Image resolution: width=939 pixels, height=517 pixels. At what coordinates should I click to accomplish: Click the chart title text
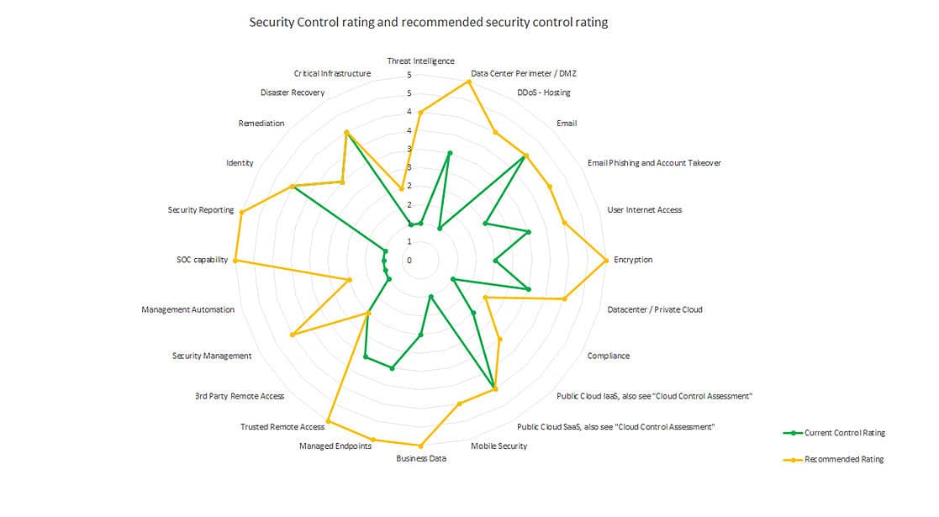(428, 23)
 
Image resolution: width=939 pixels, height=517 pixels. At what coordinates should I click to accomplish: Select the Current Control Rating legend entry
(844, 433)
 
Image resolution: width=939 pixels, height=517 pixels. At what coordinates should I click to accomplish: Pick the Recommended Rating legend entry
(844, 459)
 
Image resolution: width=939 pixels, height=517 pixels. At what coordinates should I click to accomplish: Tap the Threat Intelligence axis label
(420, 61)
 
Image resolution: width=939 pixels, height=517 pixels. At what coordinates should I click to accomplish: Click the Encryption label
(633, 260)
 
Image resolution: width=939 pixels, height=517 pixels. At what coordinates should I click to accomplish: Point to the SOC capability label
(197, 260)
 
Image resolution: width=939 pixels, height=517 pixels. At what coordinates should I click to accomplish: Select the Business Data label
(421, 459)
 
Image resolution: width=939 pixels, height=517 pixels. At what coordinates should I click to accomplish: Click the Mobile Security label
(499, 446)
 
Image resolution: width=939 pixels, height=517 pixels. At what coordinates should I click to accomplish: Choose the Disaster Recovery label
(292, 92)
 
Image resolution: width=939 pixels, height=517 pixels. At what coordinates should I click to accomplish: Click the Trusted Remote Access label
(282, 427)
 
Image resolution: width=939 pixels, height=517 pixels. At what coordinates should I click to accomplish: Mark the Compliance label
(608, 356)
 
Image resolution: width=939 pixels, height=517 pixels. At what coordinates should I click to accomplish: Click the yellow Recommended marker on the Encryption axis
(605, 261)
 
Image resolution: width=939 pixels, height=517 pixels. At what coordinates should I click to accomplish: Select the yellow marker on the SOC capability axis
(235, 261)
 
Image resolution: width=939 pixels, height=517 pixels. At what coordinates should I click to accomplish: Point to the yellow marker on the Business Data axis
(420, 446)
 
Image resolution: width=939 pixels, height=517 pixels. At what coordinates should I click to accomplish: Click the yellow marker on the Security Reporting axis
(242, 212)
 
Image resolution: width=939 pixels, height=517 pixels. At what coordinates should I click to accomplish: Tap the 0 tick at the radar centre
(409, 261)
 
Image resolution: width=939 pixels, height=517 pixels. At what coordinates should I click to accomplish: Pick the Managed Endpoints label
(335, 446)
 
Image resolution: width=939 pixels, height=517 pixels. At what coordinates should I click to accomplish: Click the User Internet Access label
(644, 209)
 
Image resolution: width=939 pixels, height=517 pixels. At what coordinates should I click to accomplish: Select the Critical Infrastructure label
(332, 73)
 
